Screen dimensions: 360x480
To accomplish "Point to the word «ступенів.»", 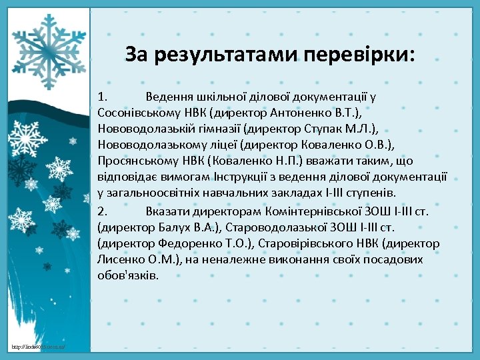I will (x=372, y=193).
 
